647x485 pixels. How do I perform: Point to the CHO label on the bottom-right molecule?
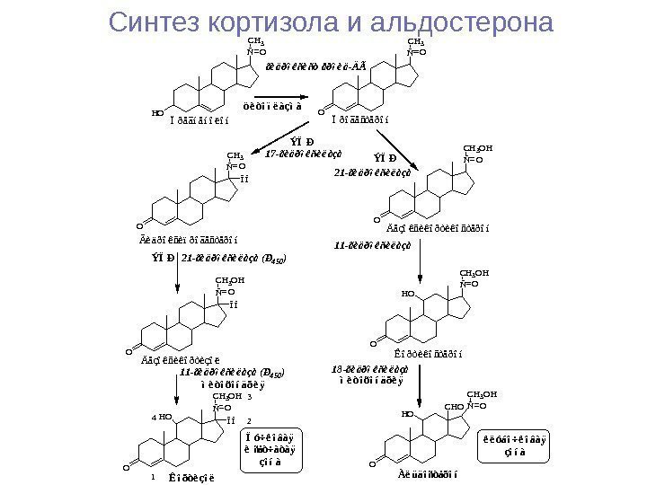point(455,407)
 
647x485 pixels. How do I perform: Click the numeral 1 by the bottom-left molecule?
point(154,477)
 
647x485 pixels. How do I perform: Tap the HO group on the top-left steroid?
point(157,114)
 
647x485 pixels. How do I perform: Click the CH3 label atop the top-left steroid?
point(255,40)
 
